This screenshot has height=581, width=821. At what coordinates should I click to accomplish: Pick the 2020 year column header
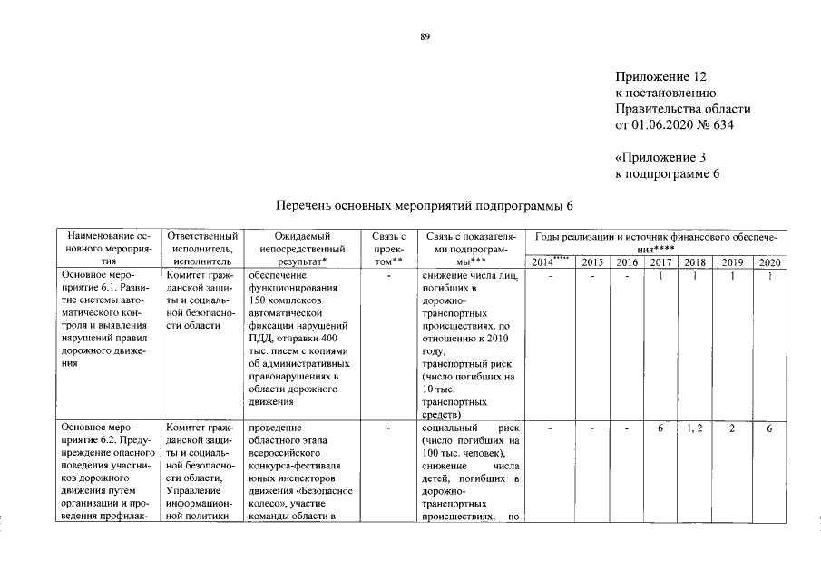(x=768, y=262)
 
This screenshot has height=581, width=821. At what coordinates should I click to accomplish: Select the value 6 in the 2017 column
(x=660, y=428)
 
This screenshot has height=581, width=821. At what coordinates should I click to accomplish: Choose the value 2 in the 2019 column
(x=730, y=428)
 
